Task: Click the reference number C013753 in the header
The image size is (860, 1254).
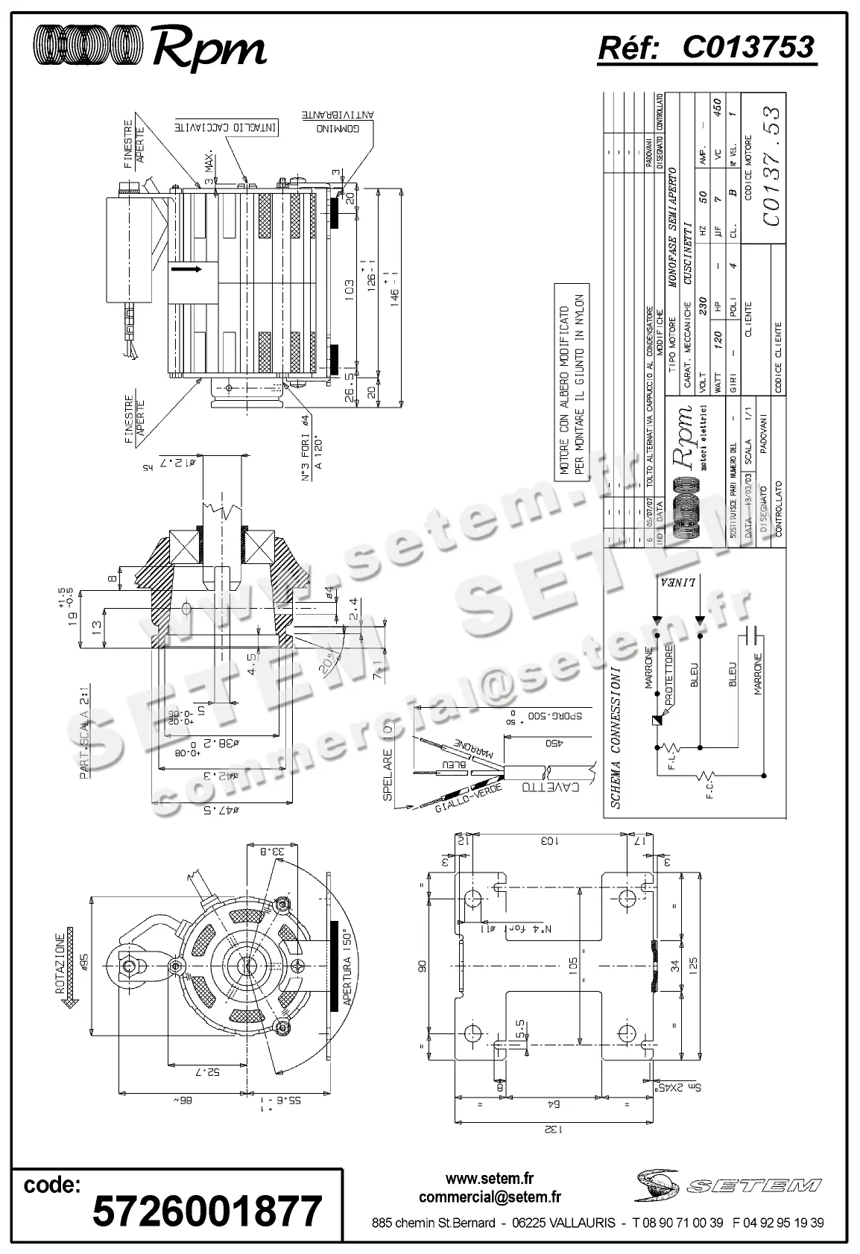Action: pyautogui.click(x=747, y=48)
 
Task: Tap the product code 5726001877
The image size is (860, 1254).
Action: pyautogui.click(x=207, y=1212)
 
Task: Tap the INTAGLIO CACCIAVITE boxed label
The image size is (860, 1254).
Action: pyautogui.click(x=227, y=128)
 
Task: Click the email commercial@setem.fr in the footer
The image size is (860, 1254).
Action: pyautogui.click(x=490, y=1197)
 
